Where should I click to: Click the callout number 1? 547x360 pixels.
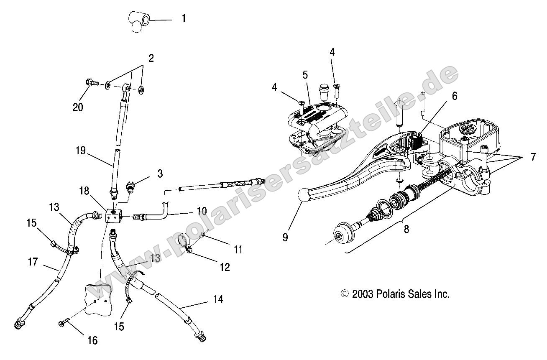(184, 19)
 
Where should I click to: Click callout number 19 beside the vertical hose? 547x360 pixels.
(82, 151)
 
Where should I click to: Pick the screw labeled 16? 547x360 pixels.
(65, 324)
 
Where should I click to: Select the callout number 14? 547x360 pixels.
(217, 299)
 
